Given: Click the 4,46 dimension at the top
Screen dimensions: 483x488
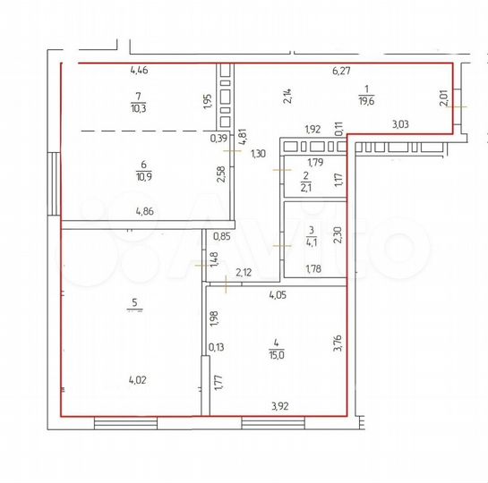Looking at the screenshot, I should (x=140, y=69).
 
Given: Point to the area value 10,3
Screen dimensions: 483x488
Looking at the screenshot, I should (x=137, y=108).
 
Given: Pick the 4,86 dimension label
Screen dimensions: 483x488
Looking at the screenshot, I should (x=144, y=212).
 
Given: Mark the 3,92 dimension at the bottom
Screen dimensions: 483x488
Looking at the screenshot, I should (x=283, y=405).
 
